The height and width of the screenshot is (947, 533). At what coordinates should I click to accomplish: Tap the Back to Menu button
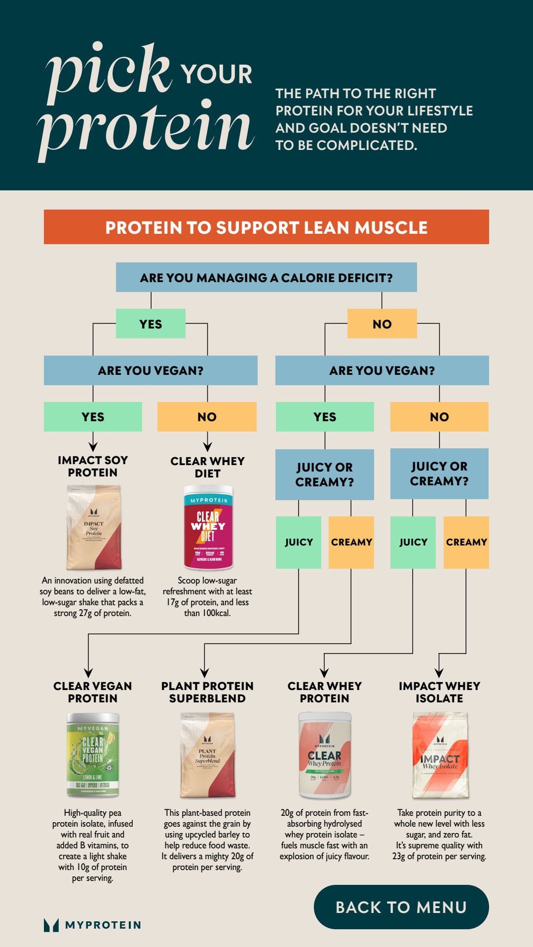401,907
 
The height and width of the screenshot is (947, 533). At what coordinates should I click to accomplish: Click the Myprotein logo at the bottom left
92,925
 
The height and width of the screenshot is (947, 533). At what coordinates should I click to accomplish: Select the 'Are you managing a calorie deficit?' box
266,278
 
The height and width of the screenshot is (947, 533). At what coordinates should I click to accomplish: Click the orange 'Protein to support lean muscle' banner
266,227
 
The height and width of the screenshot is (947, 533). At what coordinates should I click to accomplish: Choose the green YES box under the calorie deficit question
151,324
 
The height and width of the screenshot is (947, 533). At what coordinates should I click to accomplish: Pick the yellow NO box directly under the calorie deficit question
382,324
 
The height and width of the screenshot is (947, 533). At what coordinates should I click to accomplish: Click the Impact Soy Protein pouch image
94,527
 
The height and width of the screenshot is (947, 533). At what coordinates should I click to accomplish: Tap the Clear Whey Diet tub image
208,527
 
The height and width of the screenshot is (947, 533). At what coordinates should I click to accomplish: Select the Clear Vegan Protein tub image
93,755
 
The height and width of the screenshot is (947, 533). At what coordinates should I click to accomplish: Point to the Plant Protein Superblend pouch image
207,755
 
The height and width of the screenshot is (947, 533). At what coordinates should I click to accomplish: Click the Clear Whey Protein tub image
325,755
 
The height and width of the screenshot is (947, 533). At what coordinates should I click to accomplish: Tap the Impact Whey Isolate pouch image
440,755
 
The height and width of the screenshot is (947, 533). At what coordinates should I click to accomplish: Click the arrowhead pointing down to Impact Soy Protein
93,447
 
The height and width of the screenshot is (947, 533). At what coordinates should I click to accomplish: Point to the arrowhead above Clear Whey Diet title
207,447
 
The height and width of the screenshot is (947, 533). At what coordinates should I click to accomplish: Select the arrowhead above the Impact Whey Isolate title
439,673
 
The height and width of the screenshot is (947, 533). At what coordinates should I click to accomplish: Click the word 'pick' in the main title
109,69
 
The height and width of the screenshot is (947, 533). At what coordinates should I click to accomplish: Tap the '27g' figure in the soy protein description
85,613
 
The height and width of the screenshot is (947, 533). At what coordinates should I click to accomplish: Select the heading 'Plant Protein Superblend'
207,692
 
